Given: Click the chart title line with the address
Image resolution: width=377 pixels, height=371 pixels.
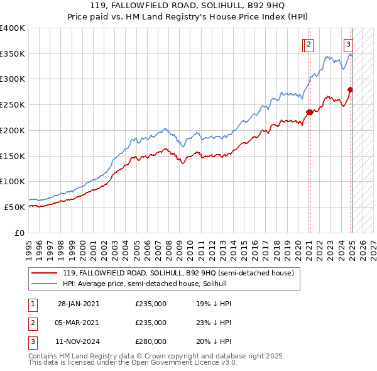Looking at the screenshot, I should click(188, 5).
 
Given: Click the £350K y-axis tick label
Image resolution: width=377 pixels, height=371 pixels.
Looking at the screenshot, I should click(13, 54).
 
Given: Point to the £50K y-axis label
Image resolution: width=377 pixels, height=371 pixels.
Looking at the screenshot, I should click(15, 207).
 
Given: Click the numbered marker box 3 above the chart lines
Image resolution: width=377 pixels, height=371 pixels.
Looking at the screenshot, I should click(348, 44).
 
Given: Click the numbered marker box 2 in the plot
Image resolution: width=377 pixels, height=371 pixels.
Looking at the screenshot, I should click(310, 44).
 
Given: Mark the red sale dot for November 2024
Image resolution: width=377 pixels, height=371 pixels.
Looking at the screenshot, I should click(350, 89).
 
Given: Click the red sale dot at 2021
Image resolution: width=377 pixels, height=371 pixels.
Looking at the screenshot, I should click(309, 113).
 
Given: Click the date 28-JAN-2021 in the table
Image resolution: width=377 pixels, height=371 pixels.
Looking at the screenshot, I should click(79, 304).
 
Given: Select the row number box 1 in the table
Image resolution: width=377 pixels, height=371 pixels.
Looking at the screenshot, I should click(32, 304).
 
